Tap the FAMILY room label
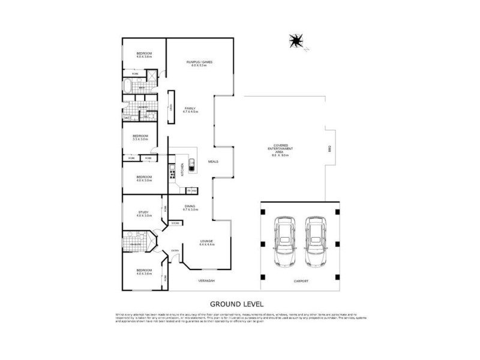point(190,109)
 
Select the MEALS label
point(212,161)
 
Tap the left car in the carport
point(285,242)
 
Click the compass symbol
point(295,41)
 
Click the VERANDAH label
point(206,281)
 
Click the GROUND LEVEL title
point(236,304)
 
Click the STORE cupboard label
point(175,223)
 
